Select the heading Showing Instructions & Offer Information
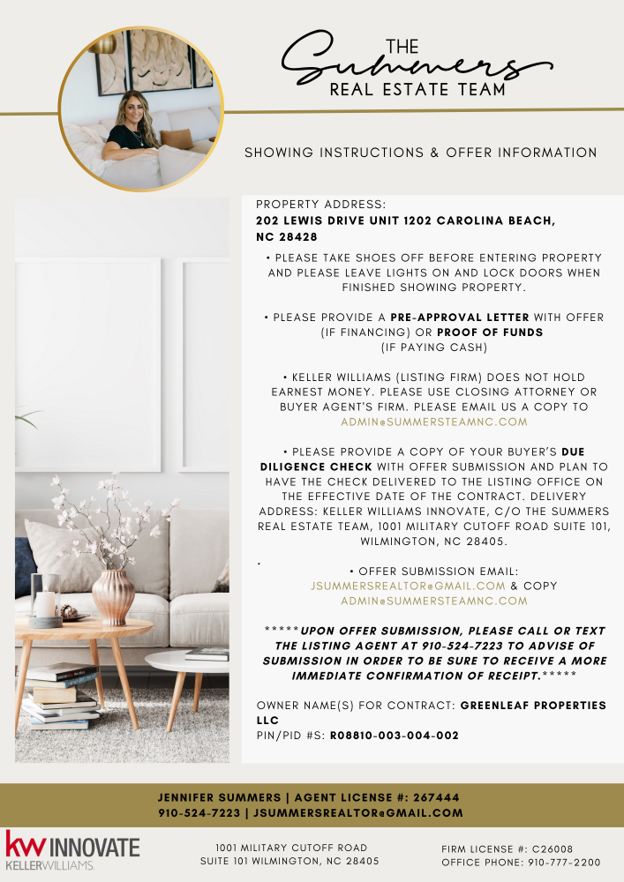[x=420, y=153]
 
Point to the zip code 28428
[x=298, y=237]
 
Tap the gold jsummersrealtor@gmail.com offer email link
[x=408, y=586]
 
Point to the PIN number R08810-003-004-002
[x=395, y=735]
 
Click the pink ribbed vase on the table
[x=113, y=596]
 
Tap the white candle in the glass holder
[x=45, y=603]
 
